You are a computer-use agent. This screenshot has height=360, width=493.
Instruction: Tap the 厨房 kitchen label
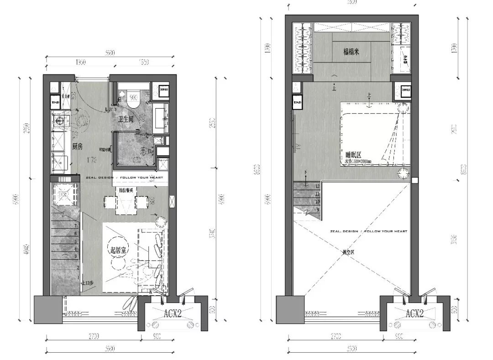click(77, 146)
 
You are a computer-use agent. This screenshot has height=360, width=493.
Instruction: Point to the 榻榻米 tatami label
click(351, 52)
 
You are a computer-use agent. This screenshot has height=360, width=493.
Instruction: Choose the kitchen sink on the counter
click(59, 121)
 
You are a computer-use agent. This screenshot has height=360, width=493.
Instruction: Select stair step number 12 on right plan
click(317, 186)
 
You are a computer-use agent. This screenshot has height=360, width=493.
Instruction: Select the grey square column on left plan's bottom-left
click(48, 309)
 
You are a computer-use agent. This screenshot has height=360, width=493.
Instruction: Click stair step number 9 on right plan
click(317, 209)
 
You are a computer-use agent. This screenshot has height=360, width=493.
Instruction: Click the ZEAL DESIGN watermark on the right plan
click(368, 231)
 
